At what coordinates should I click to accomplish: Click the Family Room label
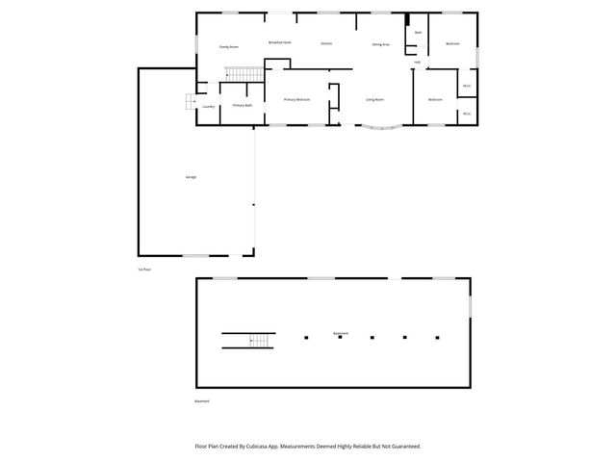[228, 46]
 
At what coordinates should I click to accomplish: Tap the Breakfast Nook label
[280, 42]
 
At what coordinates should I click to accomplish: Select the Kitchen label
[326, 43]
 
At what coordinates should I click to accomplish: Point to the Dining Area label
[380, 44]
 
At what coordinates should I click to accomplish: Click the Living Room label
[374, 99]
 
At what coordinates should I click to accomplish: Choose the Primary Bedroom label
[296, 99]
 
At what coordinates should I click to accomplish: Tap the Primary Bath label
[243, 105]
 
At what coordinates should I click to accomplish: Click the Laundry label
[208, 106]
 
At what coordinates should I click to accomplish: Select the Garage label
[192, 178]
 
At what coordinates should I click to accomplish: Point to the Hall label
[418, 63]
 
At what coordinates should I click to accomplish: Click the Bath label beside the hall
[418, 33]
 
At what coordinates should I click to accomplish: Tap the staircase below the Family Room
[244, 74]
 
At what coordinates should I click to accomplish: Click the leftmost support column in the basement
[306, 338]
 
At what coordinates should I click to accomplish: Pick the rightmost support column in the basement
[437, 338]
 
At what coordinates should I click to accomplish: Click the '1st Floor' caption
[144, 269]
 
